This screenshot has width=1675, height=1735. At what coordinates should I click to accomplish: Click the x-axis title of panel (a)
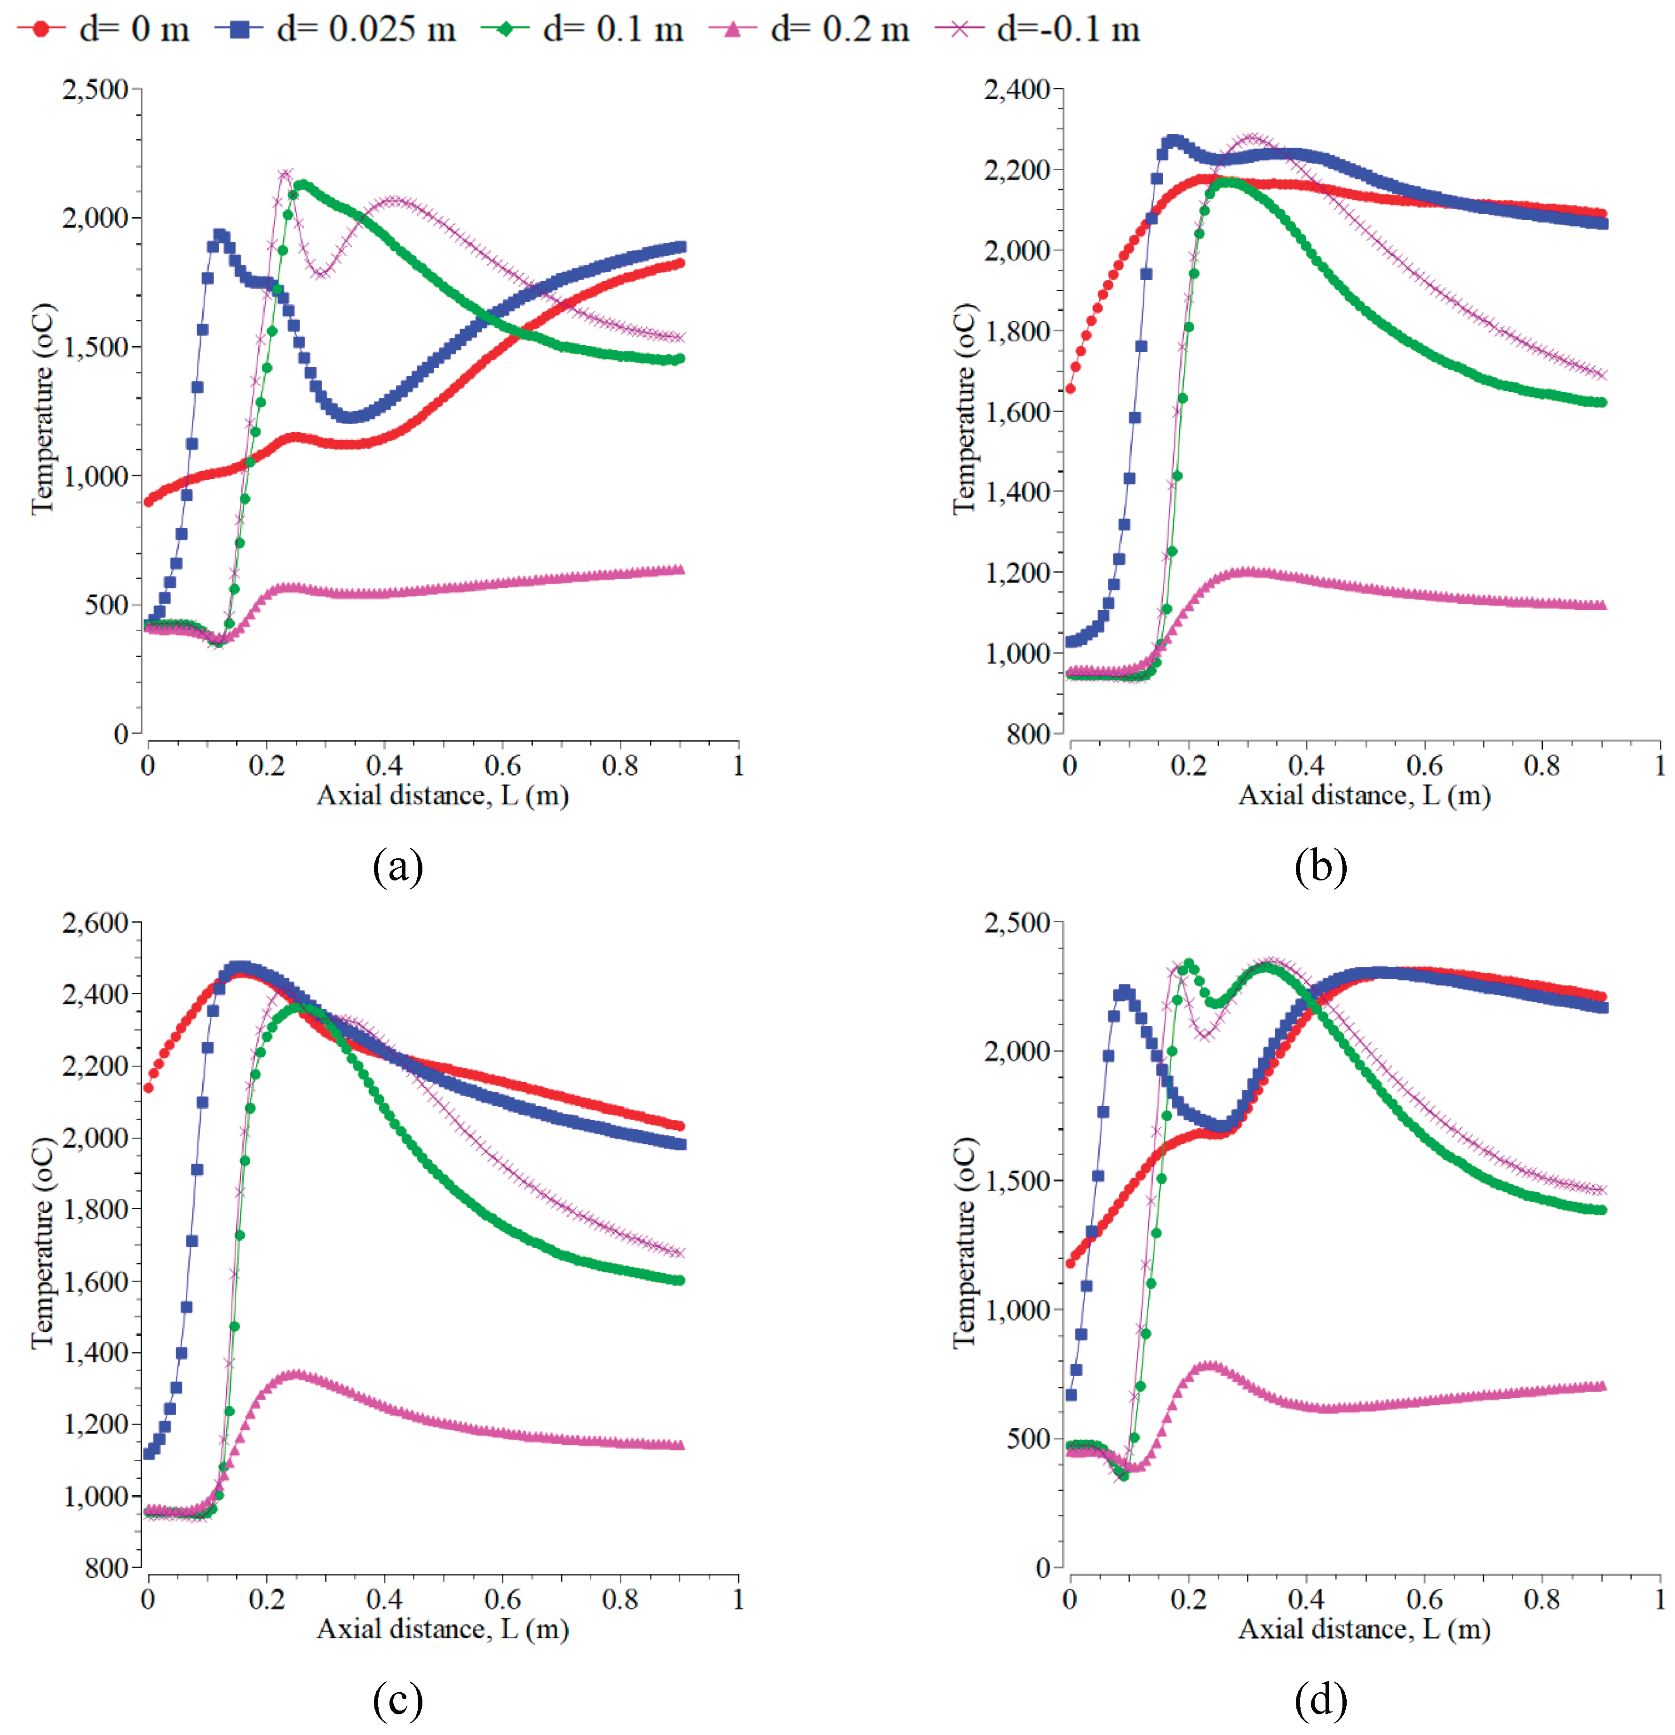(x=443, y=795)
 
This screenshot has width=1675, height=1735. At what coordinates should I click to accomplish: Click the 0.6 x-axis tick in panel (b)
(x=1423, y=765)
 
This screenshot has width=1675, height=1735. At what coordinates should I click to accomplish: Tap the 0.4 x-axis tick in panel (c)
(x=384, y=1599)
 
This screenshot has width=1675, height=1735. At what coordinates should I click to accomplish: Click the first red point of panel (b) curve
(x=1071, y=388)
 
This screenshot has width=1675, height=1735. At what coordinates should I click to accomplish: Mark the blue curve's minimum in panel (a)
(x=349, y=417)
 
